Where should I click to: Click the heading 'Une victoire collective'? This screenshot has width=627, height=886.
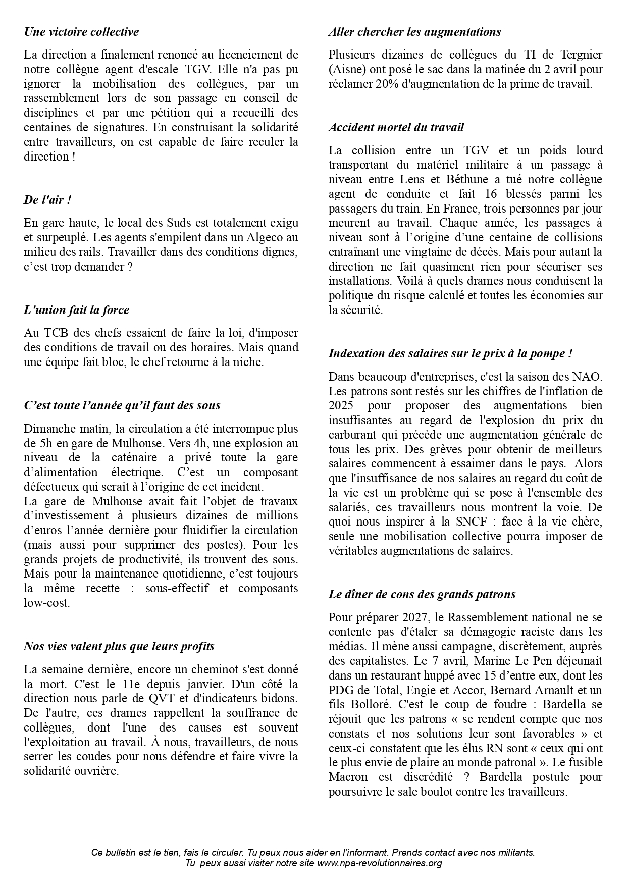pyautogui.click(x=81, y=32)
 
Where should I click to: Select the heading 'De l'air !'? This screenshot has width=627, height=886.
pyautogui.click(x=47, y=200)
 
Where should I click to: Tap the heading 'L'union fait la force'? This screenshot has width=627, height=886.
pyautogui.click(x=76, y=310)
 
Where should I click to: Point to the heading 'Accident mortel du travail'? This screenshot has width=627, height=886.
pyautogui.click(x=396, y=127)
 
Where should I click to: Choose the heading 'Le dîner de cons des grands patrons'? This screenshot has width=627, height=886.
pyautogui.click(x=422, y=594)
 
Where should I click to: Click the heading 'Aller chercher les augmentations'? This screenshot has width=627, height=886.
pyautogui.click(x=414, y=32)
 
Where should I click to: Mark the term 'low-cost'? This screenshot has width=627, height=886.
pyautogui.click(x=46, y=603)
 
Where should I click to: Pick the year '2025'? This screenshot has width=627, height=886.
pyautogui.click(x=341, y=405)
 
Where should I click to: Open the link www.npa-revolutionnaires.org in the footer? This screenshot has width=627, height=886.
pyautogui.click(x=379, y=863)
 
